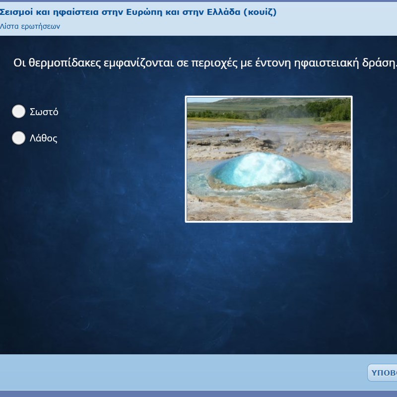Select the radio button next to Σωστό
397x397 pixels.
tap(18, 111)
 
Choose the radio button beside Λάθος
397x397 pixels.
tap(18, 138)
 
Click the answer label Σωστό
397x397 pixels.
tap(44, 112)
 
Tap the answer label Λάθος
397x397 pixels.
tap(44, 138)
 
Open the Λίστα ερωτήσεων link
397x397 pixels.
tap(30, 26)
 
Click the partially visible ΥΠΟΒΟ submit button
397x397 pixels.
tap(382, 373)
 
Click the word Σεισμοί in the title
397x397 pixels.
tap(16, 12)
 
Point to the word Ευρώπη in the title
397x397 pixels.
tap(144, 12)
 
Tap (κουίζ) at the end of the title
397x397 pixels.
tap(260, 12)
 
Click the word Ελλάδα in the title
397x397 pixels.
tap(224, 12)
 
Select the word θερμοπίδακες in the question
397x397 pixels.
tap(65, 63)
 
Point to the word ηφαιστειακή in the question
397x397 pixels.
tap(327, 63)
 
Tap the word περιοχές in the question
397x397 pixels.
tap(214, 63)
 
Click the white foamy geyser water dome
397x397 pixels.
tap(261, 169)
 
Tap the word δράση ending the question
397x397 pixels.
tap(378, 63)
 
